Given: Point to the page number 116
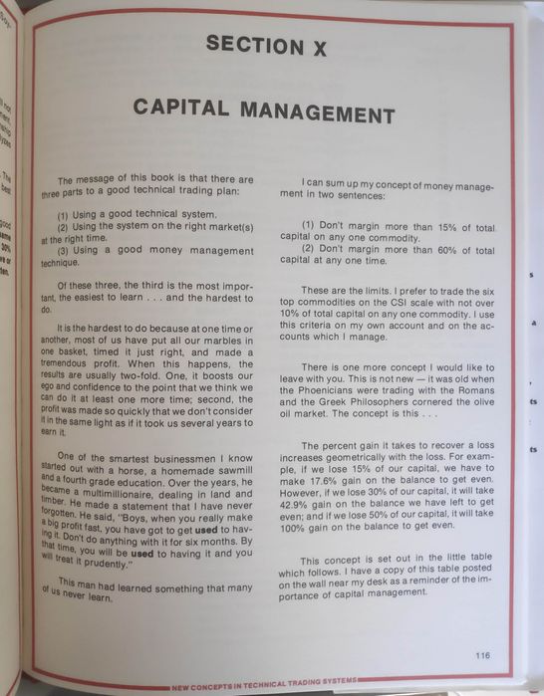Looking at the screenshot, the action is [x=483, y=655].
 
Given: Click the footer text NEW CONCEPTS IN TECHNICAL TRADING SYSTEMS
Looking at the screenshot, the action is [x=264, y=687].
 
